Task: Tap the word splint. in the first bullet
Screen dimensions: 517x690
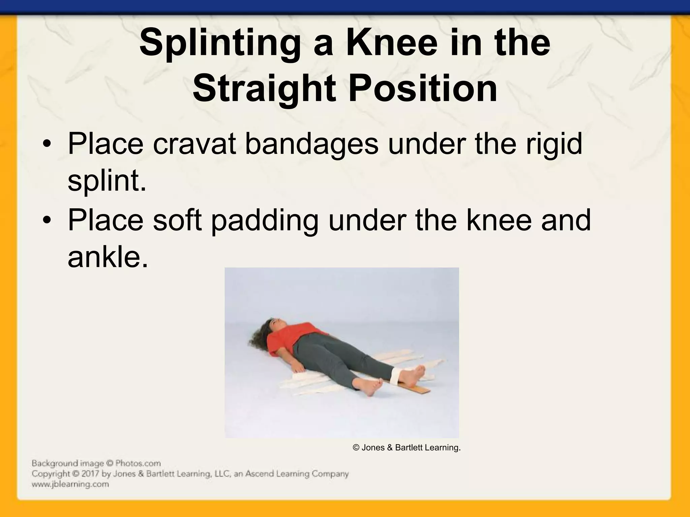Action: coord(107,181)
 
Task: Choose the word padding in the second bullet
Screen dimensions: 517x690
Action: coord(264,220)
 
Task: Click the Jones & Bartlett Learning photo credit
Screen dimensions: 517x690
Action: coord(406,448)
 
